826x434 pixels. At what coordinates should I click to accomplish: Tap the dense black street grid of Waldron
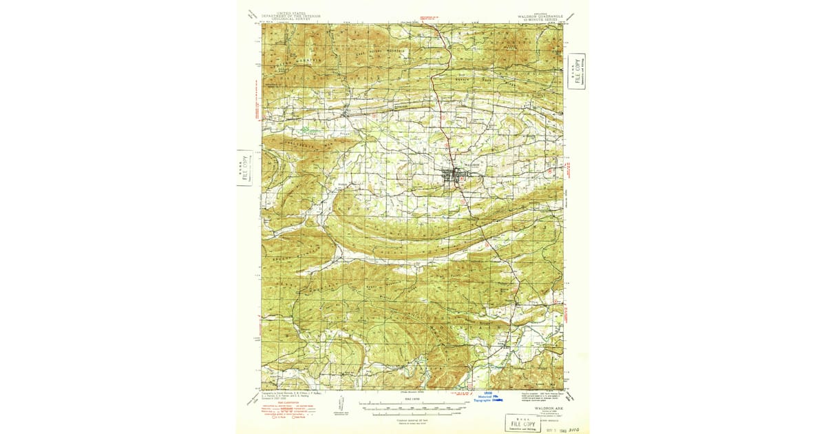pos(454,176)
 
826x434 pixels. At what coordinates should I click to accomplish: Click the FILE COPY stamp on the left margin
pos(244,168)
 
